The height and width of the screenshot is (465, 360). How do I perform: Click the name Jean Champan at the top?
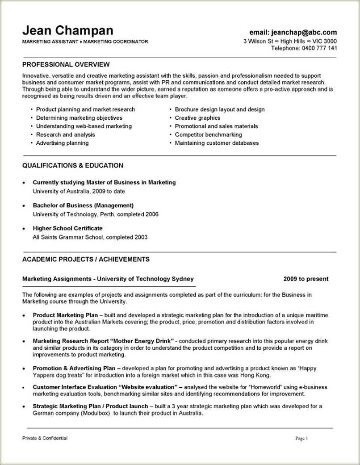coord(67,31)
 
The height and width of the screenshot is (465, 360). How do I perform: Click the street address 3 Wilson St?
coord(258,41)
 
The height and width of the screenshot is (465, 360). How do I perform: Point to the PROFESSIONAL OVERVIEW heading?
coord(66,64)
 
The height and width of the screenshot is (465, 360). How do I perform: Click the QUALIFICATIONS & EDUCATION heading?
coord(73,165)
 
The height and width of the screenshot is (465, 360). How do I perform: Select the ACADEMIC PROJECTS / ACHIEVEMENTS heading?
coord(86,259)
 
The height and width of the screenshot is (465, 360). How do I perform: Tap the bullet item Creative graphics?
coord(197,118)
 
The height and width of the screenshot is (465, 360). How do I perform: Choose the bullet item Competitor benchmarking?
coord(208,134)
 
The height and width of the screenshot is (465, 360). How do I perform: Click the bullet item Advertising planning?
coord(62,143)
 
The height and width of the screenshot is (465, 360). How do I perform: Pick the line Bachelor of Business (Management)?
coord(84,205)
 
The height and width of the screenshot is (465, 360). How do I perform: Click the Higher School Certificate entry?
coord(67,228)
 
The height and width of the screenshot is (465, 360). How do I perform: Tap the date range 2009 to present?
coord(306,279)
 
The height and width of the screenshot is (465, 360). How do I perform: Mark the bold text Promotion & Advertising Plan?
coord(73,368)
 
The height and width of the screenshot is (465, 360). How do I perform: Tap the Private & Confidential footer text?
coord(45,438)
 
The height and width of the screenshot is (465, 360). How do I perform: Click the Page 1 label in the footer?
coord(301,438)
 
